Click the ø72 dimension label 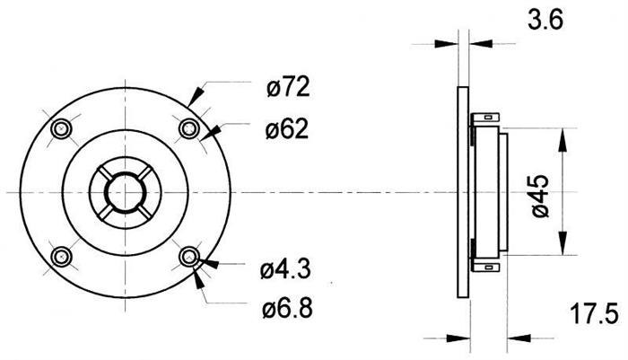tap(288, 87)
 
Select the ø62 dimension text tap(287, 129)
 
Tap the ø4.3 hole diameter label tap(285, 269)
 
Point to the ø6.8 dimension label tap(287, 309)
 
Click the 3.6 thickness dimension tap(545, 20)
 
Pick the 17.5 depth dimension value tap(594, 314)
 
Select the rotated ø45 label tap(540, 196)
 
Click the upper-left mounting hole tap(61, 129)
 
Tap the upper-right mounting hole tap(189, 129)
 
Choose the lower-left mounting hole tap(61, 257)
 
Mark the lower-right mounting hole tap(189, 257)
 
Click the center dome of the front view tap(126, 193)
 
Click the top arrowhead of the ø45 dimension tap(563, 140)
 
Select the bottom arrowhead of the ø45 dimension tap(563, 243)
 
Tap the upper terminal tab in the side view tap(485, 119)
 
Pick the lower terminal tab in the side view tap(485, 267)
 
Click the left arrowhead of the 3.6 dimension tap(446, 44)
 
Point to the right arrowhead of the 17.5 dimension tap(519, 338)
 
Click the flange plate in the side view tap(463, 192)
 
